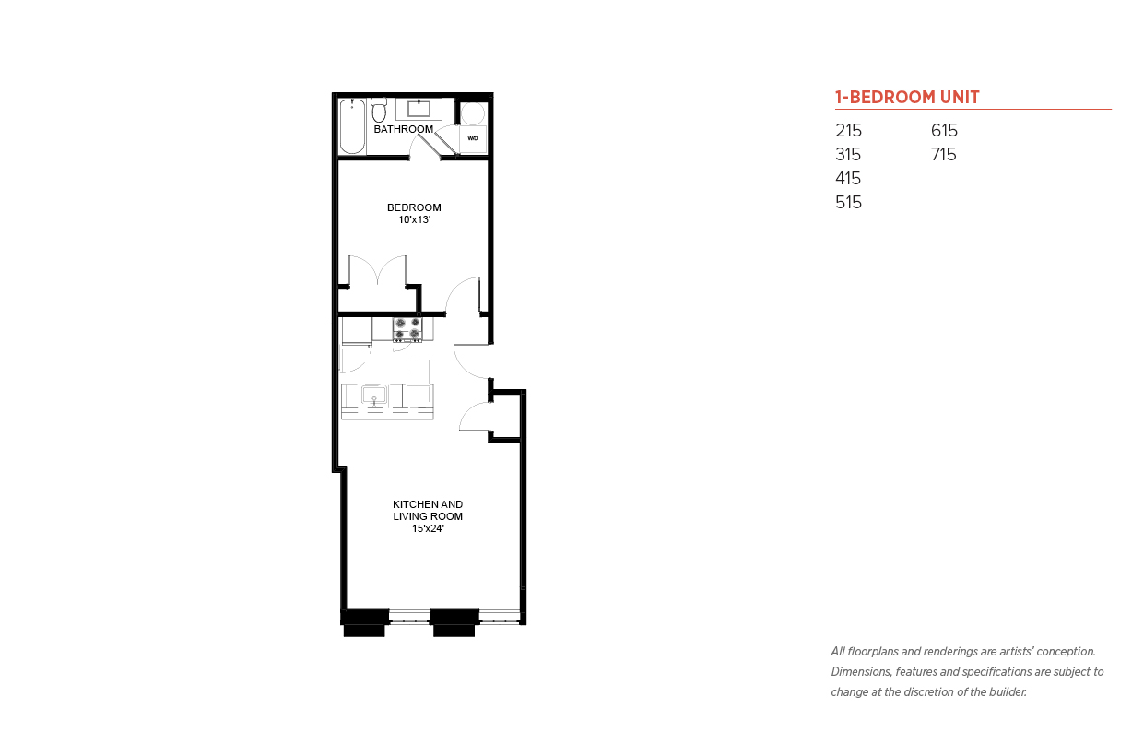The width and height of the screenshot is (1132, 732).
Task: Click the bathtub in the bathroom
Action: pyautogui.click(x=352, y=126)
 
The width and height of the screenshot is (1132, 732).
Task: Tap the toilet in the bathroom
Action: pyautogui.click(x=379, y=111)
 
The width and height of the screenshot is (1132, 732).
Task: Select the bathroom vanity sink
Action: pyautogui.click(x=419, y=109)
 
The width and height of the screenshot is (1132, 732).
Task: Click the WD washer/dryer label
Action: pyautogui.click(x=473, y=138)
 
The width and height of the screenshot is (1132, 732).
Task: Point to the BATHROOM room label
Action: pyautogui.click(x=403, y=129)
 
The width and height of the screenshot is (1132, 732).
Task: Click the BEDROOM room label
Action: pyautogui.click(x=414, y=207)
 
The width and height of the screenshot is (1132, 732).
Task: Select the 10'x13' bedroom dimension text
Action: pyautogui.click(x=415, y=219)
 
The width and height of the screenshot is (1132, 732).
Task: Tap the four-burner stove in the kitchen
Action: pyautogui.click(x=407, y=330)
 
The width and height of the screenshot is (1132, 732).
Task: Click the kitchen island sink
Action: pyautogui.click(x=374, y=395)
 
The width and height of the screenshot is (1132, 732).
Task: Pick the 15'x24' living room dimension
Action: pyautogui.click(x=428, y=528)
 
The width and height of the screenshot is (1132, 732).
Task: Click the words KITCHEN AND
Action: pyautogui.click(x=428, y=504)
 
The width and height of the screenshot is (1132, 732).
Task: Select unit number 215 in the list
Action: pyautogui.click(x=848, y=130)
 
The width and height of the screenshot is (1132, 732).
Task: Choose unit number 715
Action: pyautogui.click(x=944, y=154)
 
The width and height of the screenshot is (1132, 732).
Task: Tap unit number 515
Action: pyautogui.click(x=848, y=202)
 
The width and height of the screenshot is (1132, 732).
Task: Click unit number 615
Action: pyautogui.click(x=944, y=130)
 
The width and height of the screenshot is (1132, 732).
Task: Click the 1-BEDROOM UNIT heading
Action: pyautogui.click(x=907, y=97)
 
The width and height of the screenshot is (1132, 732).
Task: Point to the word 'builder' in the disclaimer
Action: pyautogui.click(x=1008, y=691)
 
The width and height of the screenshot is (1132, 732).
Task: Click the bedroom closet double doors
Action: pyautogui.click(x=378, y=270)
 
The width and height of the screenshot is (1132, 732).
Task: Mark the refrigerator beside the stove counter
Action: pyautogui.click(x=357, y=331)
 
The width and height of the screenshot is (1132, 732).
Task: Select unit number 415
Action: pyautogui.click(x=848, y=179)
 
